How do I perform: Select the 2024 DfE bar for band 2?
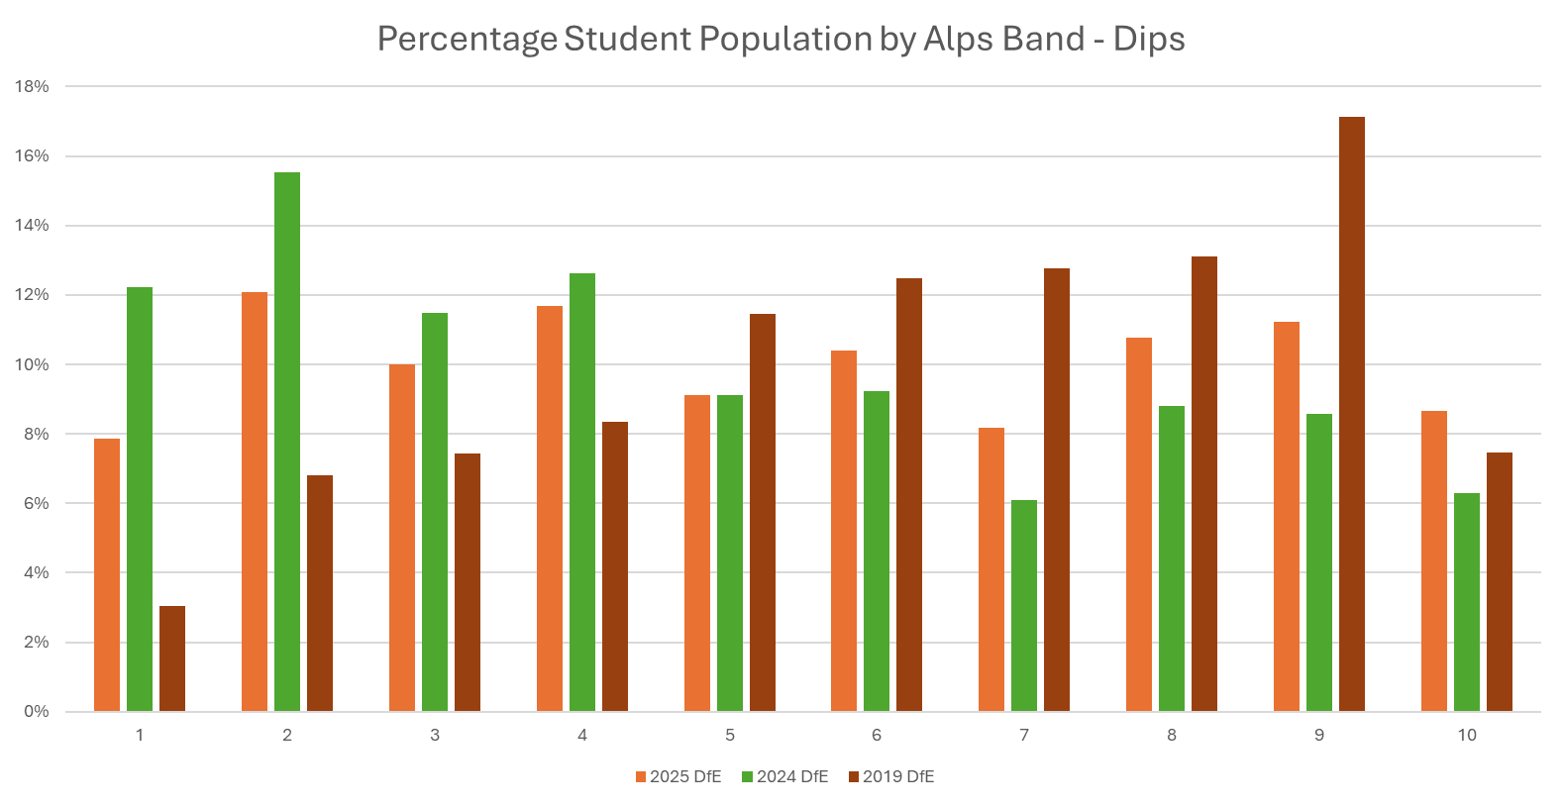coord(287,442)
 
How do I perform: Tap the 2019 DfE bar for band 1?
coord(172,658)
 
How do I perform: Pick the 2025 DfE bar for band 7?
coord(990,569)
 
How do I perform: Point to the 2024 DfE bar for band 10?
coord(1466,602)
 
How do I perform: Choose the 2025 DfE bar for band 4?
coord(550,508)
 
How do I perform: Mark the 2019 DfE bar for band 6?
coord(909,494)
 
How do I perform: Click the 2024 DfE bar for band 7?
coord(1024,605)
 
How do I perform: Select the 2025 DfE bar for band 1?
coord(107,574)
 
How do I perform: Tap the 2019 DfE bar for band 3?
coord(468,582)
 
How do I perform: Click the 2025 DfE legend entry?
coord(678,776)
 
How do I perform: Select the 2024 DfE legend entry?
coord(785,776)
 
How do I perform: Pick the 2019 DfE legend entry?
coord(891,776)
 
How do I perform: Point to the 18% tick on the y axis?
coord(31,87)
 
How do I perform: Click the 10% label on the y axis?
coord(31,364)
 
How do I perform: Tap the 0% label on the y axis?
coord(35,711)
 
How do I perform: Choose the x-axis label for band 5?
coord(730,735)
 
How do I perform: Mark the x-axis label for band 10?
coord(1466,735)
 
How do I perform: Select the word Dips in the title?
coord(1149,40)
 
